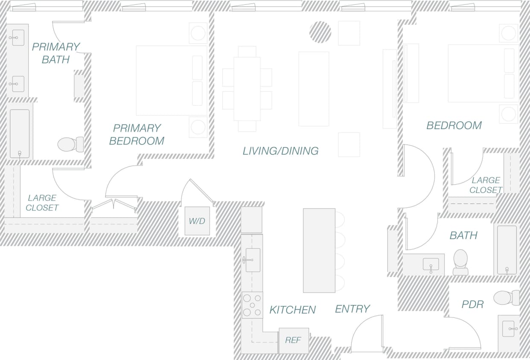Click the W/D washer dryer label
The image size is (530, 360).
(197, 221)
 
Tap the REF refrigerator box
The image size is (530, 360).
(294, 340)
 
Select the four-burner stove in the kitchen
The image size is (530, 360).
(252, 305)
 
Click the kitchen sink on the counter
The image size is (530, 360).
(253, 260)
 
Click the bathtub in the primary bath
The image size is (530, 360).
(20, 134)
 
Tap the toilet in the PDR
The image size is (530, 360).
(506, 298)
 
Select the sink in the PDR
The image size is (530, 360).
(509, 328)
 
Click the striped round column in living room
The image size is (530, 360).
(320, 32)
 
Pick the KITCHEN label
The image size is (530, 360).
(292, 310)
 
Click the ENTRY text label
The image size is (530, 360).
(352, 309)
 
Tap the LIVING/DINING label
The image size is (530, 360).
(280, 151)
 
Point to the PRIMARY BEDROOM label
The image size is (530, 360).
(137, 134)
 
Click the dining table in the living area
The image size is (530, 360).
(247, 89)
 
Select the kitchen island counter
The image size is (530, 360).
(319, 250)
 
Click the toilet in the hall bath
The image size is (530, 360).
(460, 262)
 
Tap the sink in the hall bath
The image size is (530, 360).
(431, 264)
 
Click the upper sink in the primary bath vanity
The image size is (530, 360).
(18, 38)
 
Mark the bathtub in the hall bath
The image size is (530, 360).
(507, 250)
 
